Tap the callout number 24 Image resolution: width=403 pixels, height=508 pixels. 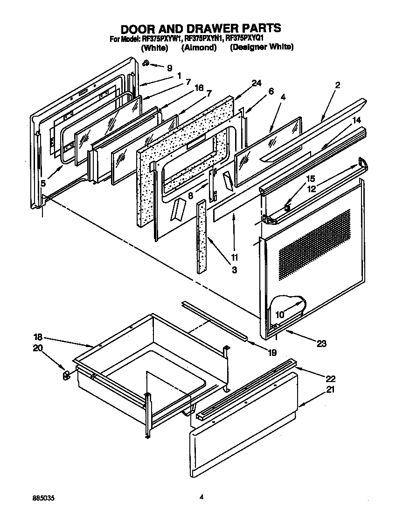click(256, 84)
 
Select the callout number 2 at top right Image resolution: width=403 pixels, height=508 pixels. click(337, 85)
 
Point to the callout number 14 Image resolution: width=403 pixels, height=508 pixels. click(357, 120)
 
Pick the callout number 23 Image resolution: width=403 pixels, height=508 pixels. click(321, 344)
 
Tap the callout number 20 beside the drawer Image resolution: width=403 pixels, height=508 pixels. click(37, 348)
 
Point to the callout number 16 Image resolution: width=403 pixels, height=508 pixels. click(199, 88)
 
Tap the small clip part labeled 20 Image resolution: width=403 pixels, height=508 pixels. click(66, 374)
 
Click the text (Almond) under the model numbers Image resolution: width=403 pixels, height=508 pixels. click(199, 48)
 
